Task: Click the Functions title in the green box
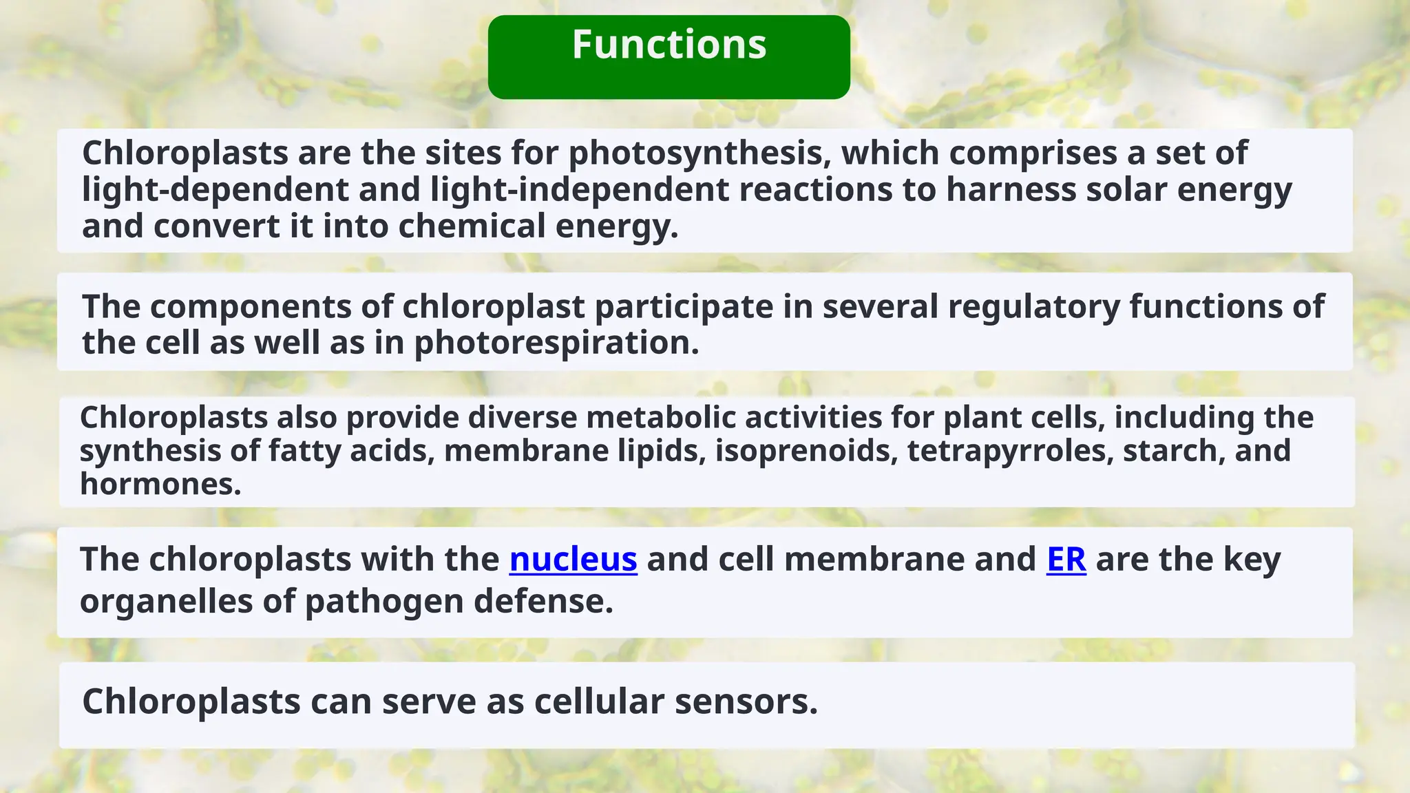[669, 45]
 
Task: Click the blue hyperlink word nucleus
[573, 559]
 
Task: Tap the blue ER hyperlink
[1066, 559]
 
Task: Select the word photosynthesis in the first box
[695, 154]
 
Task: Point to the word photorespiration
[556, 343]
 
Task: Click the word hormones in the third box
[160, 485]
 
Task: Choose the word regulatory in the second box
[1033, 307]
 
